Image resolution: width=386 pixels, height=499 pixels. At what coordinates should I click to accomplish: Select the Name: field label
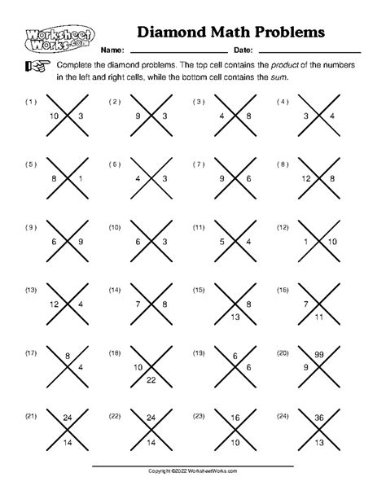click(112, 50)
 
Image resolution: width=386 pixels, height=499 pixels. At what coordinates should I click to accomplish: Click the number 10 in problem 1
click(54, 117)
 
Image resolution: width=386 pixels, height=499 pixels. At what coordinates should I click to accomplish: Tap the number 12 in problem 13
click(54, 304)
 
